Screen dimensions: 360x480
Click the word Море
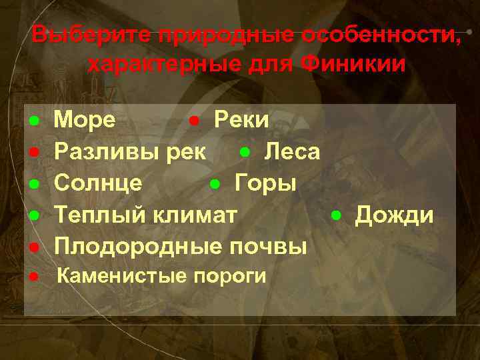[x=84, y=120]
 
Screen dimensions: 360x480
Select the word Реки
[x=241, y=120]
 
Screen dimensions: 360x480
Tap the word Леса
[x=292, y=151]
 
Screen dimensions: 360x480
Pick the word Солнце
[x=97, y=183]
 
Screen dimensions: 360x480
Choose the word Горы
[x=266, y=183]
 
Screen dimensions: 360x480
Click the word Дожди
[x=394, y=215]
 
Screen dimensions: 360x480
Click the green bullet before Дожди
[x=337, y=215]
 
